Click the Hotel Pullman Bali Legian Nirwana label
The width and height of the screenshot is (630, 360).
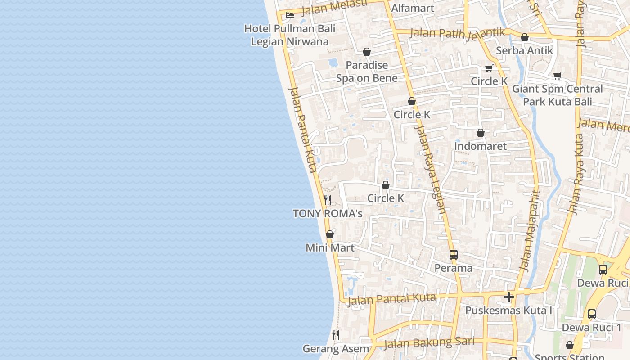290,35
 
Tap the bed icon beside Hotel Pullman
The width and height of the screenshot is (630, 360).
290,15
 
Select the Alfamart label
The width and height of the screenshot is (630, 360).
413,8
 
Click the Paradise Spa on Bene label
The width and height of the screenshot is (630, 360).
367,72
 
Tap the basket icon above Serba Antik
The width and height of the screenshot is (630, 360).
524,38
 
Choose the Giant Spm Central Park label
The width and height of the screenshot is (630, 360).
558,95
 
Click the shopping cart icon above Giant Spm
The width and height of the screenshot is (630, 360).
558,76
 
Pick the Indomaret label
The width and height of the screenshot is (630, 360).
480,146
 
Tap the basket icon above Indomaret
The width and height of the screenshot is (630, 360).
480,133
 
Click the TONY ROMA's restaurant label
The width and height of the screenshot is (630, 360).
328,214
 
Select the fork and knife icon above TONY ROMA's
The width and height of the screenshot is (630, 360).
328,200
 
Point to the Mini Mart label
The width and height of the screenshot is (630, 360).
330,248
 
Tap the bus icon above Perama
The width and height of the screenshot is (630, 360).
453,255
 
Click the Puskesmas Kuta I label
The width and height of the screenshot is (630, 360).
509,310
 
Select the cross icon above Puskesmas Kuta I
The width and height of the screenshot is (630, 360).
509,297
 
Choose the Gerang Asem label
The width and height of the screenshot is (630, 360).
336,349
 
